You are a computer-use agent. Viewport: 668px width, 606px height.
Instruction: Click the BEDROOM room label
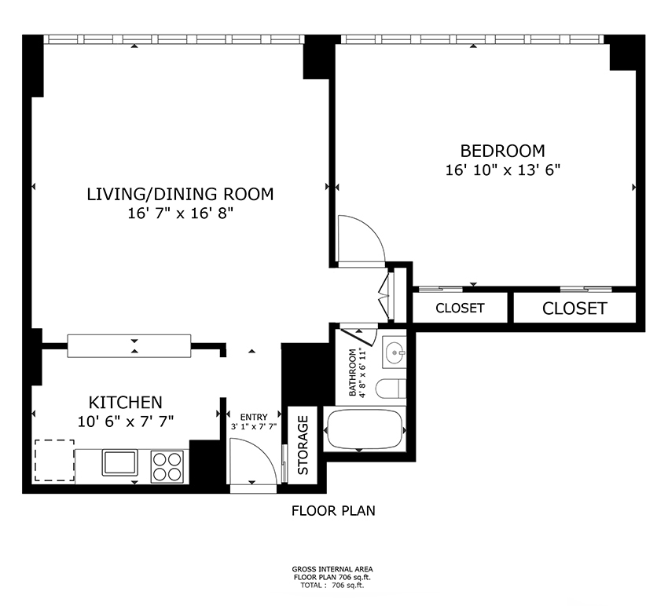[502, 151]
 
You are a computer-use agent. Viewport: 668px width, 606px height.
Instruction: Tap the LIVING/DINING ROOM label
[180, 194]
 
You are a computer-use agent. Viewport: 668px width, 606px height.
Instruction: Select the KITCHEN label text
[125, 402]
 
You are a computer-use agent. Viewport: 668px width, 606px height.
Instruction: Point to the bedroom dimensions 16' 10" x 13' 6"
[502, 170]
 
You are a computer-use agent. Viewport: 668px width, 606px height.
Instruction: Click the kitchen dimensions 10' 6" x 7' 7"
[125, 422]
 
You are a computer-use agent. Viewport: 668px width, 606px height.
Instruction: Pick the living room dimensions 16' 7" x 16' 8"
[181, 214]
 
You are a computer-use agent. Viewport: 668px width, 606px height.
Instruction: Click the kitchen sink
[119, 462]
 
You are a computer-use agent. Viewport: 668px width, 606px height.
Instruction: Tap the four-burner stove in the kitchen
[167, 467]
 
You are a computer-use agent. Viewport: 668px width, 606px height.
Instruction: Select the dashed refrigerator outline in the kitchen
[54, 461]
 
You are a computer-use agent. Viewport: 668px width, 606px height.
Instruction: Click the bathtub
[365, 429]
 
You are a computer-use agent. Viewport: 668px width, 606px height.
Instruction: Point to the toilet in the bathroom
[391, 388]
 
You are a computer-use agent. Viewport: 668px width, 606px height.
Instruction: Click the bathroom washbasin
[395, 352]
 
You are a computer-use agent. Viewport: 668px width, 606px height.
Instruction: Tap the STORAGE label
[303, 445]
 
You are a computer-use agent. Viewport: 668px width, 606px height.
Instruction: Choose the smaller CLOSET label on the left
[460, 308]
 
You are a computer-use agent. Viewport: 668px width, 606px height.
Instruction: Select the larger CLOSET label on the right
[574, 308]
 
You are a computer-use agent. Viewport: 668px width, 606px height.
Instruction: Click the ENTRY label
[254, 417]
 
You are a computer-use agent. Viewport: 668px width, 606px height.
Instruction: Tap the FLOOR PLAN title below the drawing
[333, 511]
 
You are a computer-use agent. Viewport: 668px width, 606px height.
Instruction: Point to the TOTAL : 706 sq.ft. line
[332, 585]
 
